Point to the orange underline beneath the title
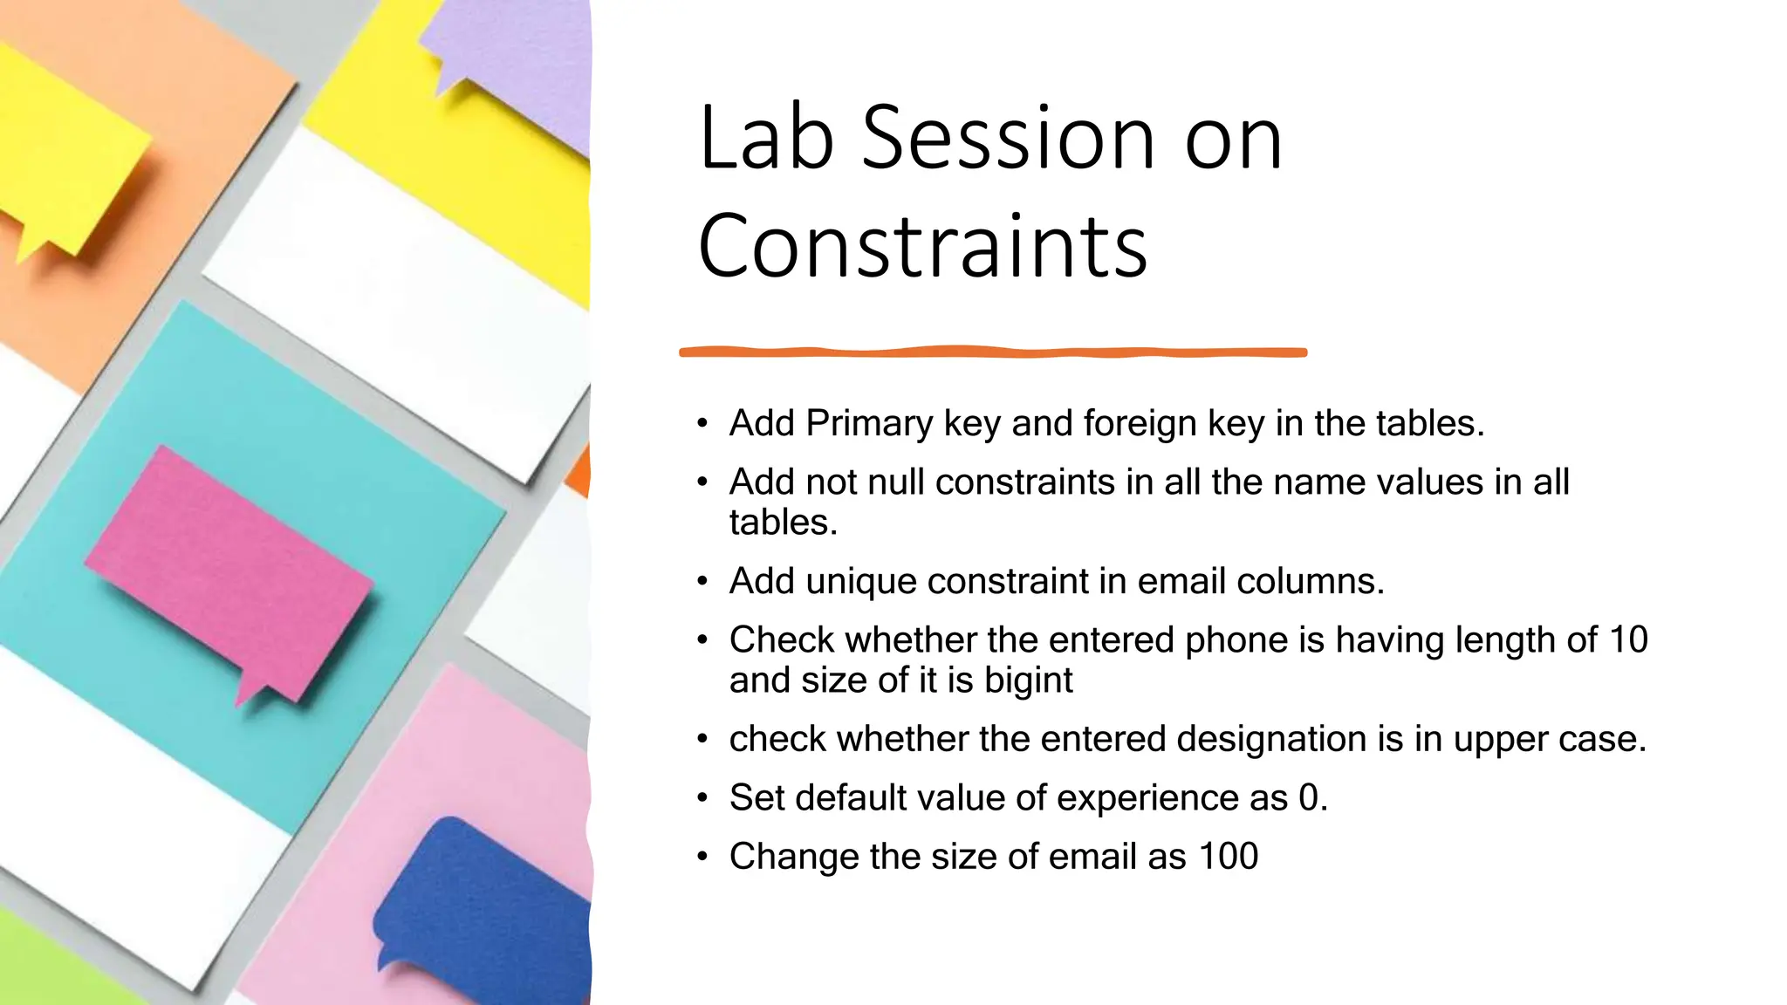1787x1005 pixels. pos(993,352)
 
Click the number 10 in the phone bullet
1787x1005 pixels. pos(1628,639)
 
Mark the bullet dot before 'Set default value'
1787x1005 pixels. pos(702,798)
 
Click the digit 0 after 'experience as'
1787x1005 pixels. pos(1308,797)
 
